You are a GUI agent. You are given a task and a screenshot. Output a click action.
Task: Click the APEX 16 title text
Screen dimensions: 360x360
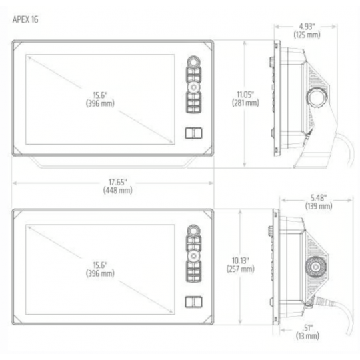(x=26, y=20)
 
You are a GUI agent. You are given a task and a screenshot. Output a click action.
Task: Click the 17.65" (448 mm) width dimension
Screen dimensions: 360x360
(x=113, y=186)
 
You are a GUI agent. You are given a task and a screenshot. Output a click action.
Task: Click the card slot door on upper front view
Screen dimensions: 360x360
(x=192, y=132)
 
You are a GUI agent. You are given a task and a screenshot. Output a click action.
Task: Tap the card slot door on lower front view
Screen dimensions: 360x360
(x=192, y=301)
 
